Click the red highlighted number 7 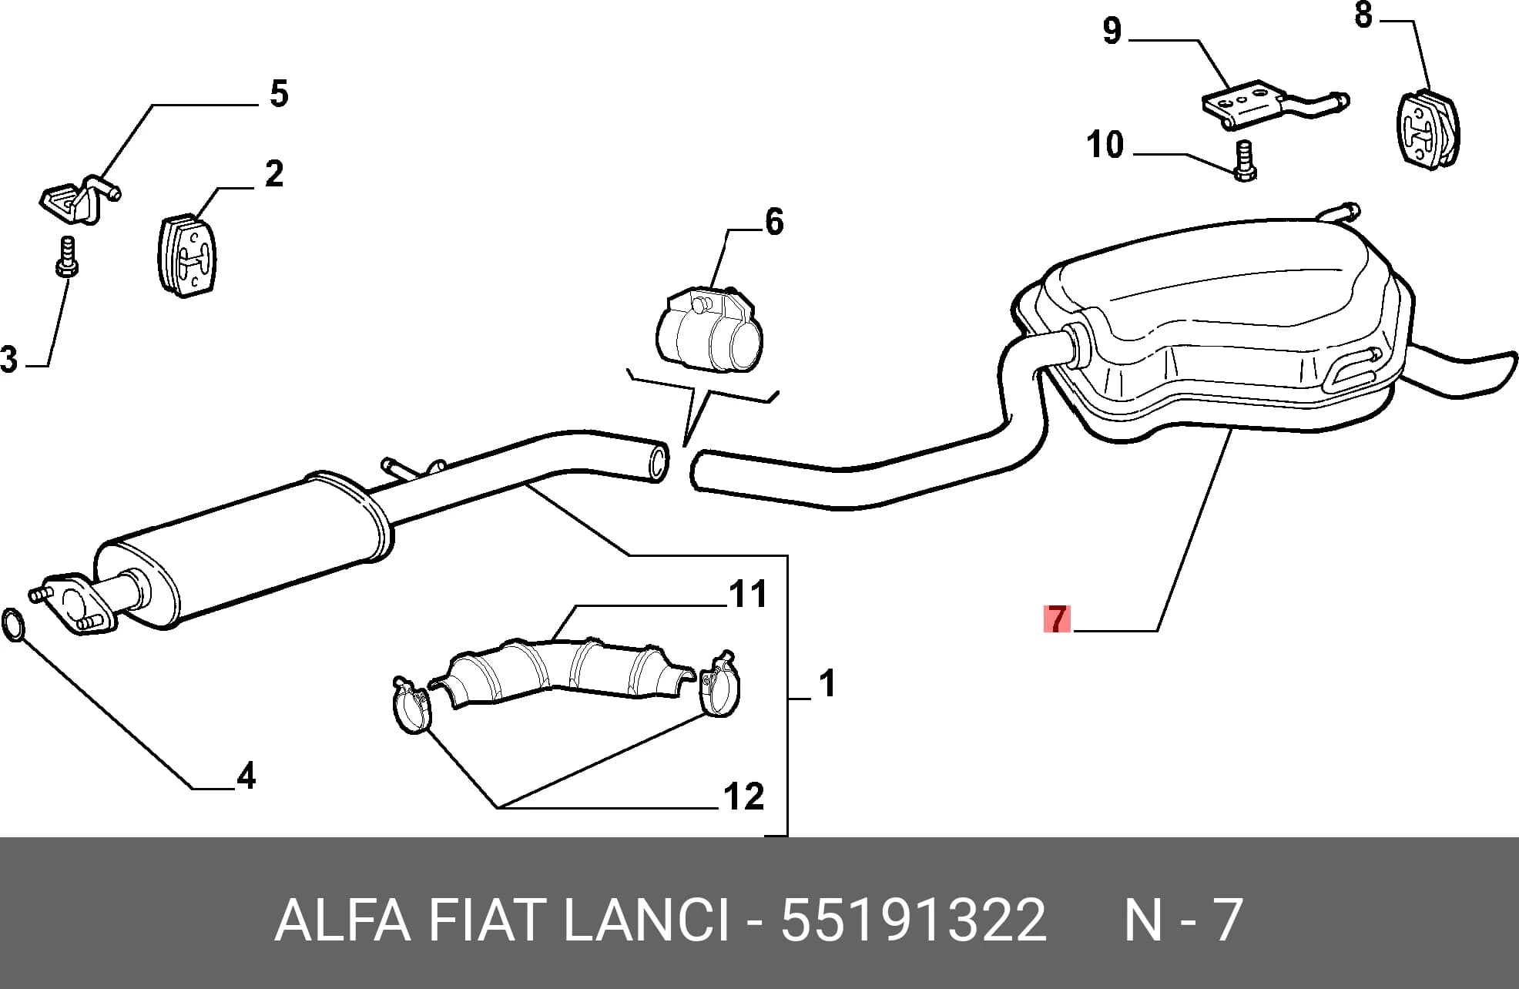point(1057,619)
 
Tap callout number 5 point(279,94)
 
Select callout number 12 point(744,796)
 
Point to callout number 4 point(246,776)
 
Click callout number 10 point(1105,145)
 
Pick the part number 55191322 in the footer point(914,919)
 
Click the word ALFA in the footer point(342,919)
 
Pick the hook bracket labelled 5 point(79,198)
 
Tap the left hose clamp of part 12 point(411,704)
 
